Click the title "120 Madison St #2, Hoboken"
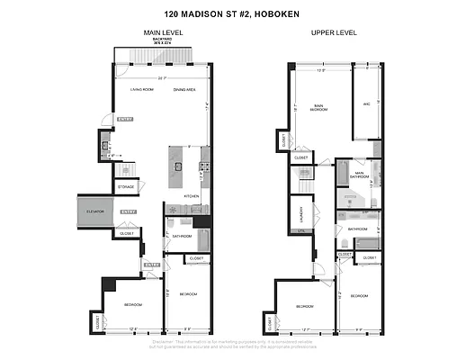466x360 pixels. click(232, 14)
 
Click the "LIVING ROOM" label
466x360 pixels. click(141, 90)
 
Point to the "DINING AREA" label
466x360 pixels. click(186, 90)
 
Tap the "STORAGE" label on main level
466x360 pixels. click(125, 187)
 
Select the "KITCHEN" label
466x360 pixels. click(191, 195)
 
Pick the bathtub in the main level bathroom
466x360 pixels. click(202, 238)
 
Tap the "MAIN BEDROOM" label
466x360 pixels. click(318, 108)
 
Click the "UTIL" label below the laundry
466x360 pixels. click(302, 231)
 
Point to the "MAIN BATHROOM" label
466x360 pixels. click(359, 175)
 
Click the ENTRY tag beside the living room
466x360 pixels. click(125, 119)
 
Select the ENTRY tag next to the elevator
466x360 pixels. click(128, 211)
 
